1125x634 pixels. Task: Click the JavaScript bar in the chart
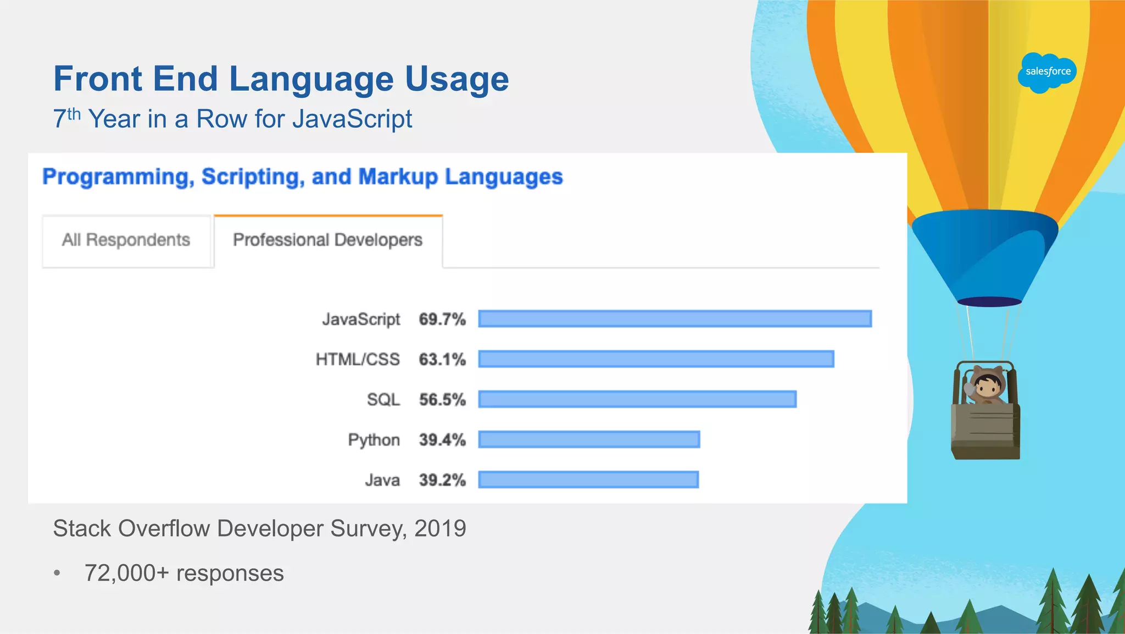(675, 319)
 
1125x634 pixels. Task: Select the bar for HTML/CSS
(656, 359)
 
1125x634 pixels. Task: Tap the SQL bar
(637, 399)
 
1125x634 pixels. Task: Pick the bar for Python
(589, 439)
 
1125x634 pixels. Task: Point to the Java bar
(588, 479)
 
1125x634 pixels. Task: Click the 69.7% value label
(442, 319)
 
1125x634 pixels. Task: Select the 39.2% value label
(442, 480)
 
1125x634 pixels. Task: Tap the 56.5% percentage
(442, 400)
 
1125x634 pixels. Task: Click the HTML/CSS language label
(358, 360)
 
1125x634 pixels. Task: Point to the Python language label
(374, 440)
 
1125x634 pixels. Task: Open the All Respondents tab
(126, 240)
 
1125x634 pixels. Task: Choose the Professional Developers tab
(328, 240)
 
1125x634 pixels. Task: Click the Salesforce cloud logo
(1048, 72)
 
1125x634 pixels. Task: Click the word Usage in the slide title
(457, 79)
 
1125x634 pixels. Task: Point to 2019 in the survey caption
(440, 528)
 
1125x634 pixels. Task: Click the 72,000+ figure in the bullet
(127, 573)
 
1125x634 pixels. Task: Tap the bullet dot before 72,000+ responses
(57, 574)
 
